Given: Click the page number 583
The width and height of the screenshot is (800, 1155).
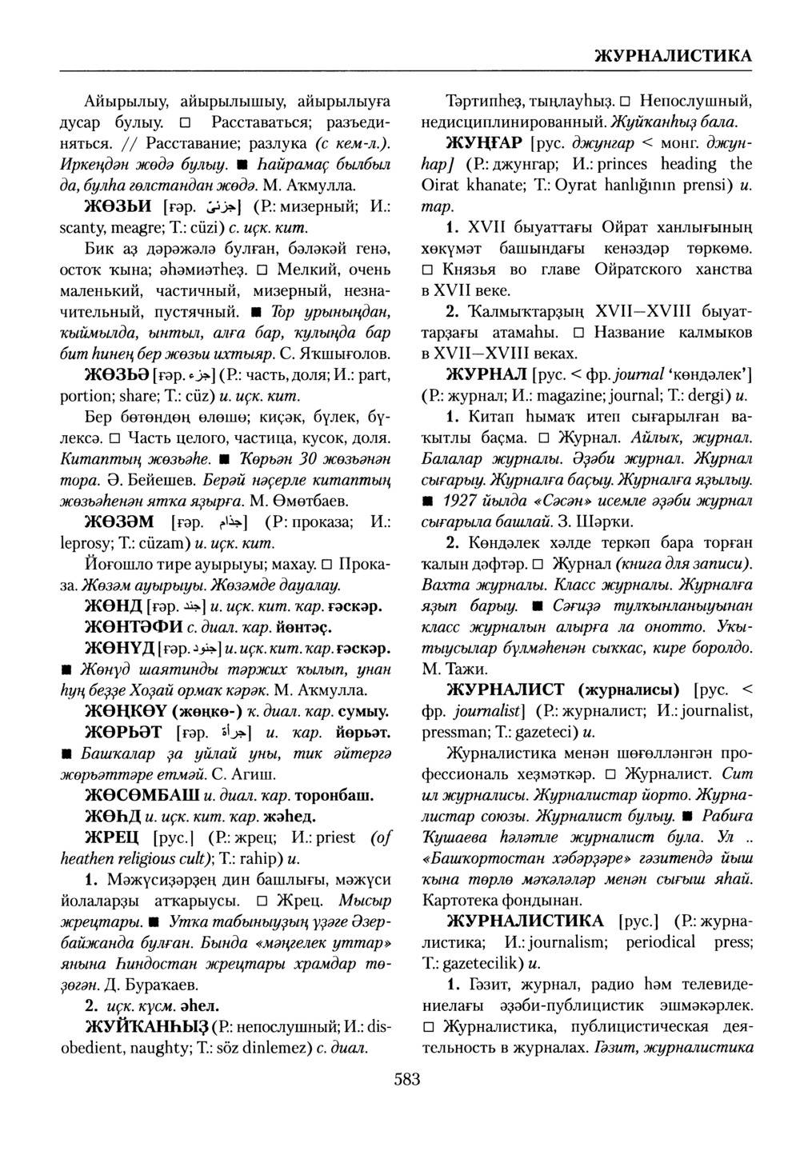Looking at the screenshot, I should tap(407, 1080).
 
